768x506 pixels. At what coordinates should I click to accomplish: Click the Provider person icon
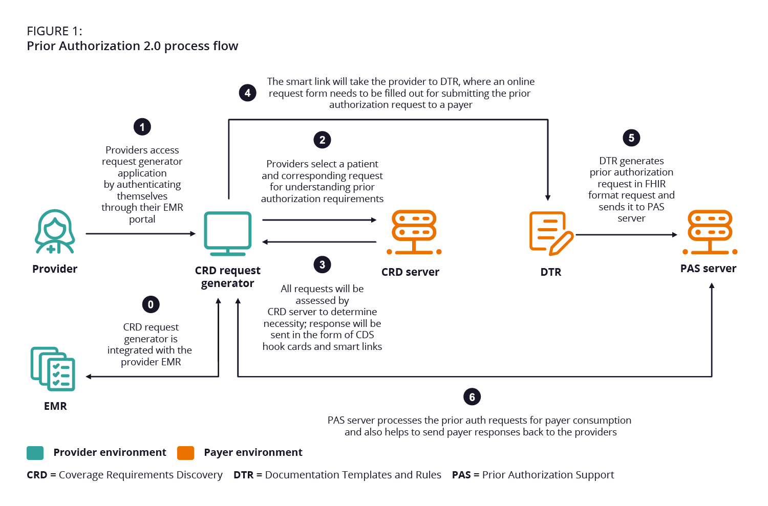[55, 232]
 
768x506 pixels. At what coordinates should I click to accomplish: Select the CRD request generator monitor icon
[228, 233]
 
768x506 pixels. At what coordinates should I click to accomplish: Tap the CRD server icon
[414, 232]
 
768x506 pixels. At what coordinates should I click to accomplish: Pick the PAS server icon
[710, 232]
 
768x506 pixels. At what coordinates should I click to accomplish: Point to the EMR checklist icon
[53, 369]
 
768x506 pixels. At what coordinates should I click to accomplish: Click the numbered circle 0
[151, 304]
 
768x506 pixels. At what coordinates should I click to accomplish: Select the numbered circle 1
[142, 127]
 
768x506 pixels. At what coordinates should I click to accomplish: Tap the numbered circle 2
[322, 140]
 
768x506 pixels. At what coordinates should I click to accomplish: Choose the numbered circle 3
[322, 265]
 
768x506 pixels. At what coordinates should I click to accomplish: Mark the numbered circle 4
[248, 93]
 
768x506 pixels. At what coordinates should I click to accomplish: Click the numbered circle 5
[631, 138]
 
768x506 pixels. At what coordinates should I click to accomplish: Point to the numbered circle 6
[472, 397]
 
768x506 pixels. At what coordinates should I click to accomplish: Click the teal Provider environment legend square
[35, 453]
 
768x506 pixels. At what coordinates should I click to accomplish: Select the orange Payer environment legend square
[185, 453]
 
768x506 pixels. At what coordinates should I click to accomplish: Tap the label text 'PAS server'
[708, 269]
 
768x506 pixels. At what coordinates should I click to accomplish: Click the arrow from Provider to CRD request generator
[140, 234]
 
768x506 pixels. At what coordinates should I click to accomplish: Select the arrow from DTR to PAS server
[626, 235]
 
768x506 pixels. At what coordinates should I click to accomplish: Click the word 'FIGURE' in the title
[48, 31]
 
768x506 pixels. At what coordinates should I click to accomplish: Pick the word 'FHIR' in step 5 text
[655, 184]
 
